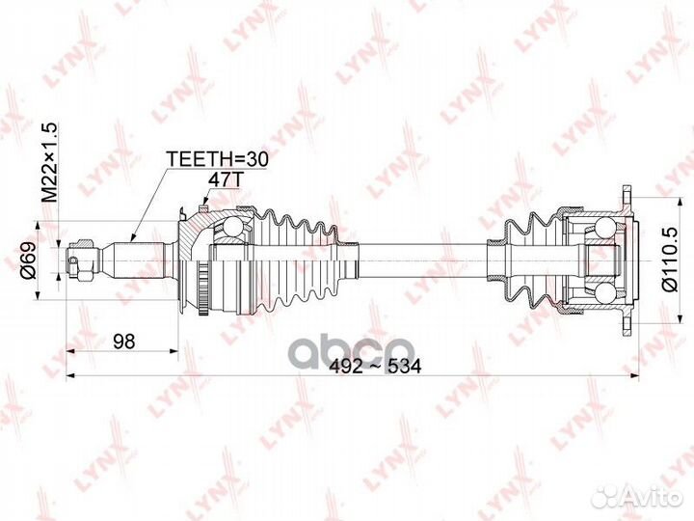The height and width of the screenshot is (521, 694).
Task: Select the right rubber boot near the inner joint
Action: [x=525, y=260]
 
